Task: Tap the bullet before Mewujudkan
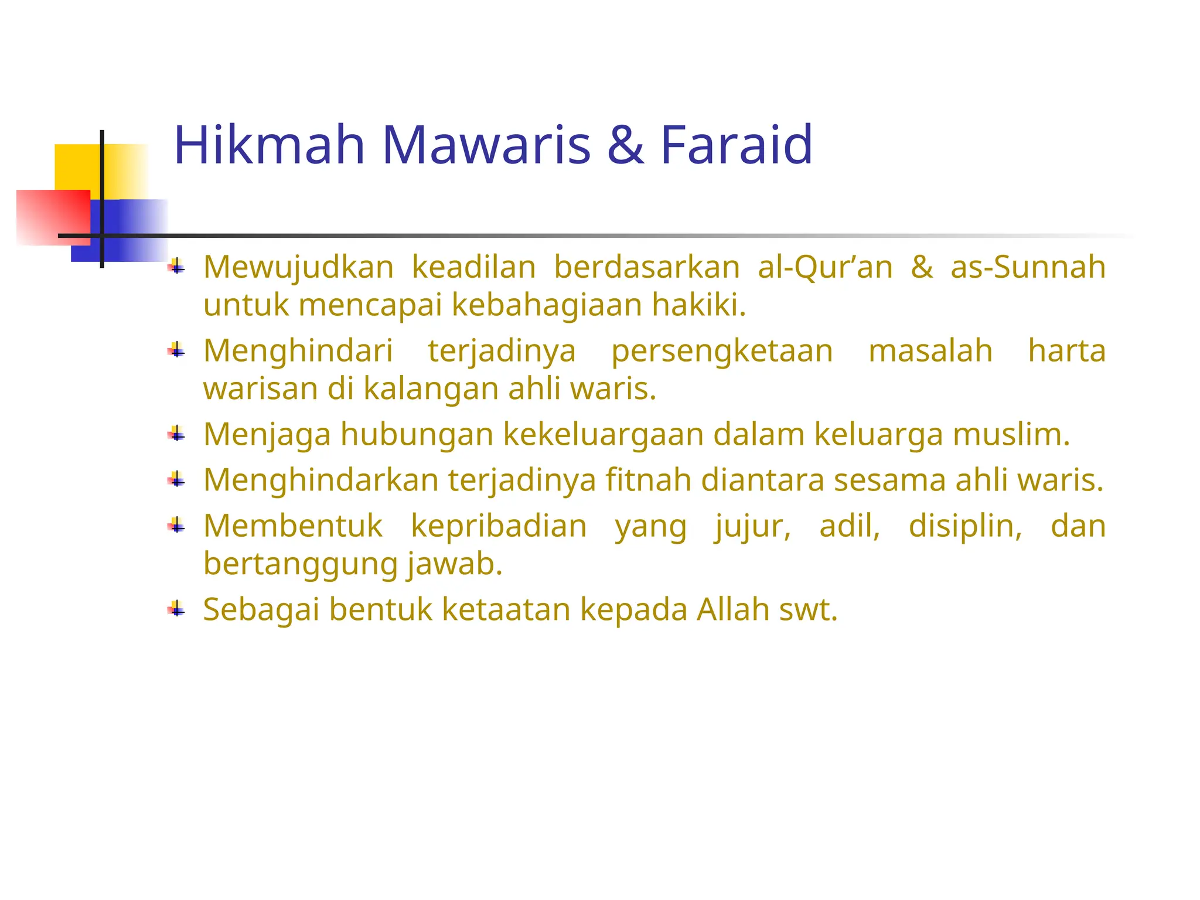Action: [176, 268]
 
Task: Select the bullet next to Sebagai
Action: [176, 610]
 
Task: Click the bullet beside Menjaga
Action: [176, 435]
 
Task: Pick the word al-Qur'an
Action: [825, 267]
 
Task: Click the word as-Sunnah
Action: [1028, 267]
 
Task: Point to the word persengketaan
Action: [722, 352]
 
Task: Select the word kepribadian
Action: [499, 526]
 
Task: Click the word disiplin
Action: [965, 526]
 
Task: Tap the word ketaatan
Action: [506, 609]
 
